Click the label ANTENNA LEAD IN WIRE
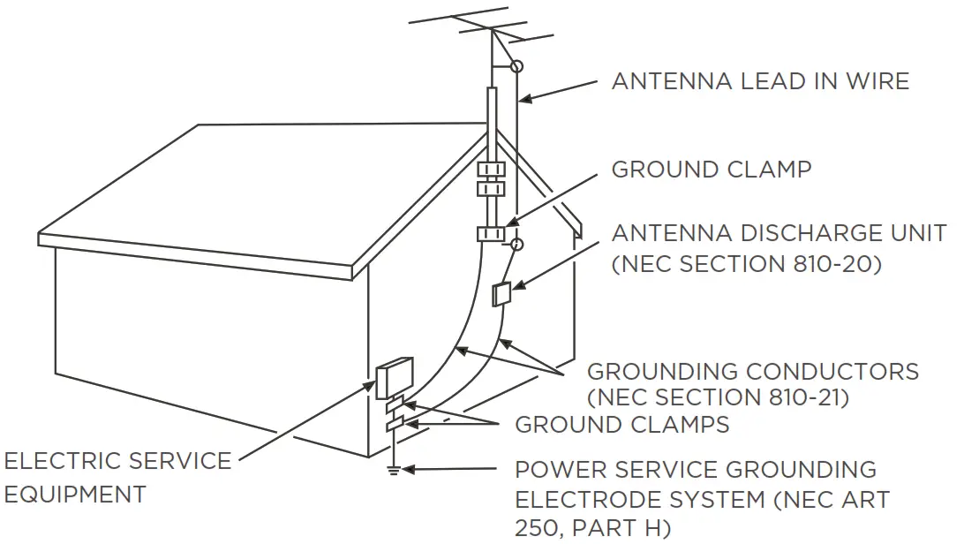760,81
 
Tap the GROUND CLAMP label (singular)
712,169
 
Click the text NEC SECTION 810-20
747,263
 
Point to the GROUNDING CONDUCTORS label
753,371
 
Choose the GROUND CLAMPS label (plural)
622,425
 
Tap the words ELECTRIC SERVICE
117,461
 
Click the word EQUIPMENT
74,494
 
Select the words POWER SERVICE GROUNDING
696,469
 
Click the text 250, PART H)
592,528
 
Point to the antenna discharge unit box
501,293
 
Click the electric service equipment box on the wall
394,378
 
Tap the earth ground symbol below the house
394,468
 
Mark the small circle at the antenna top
517,65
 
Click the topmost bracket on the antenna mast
490,168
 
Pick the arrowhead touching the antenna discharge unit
516,285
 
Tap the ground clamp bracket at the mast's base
490,233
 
